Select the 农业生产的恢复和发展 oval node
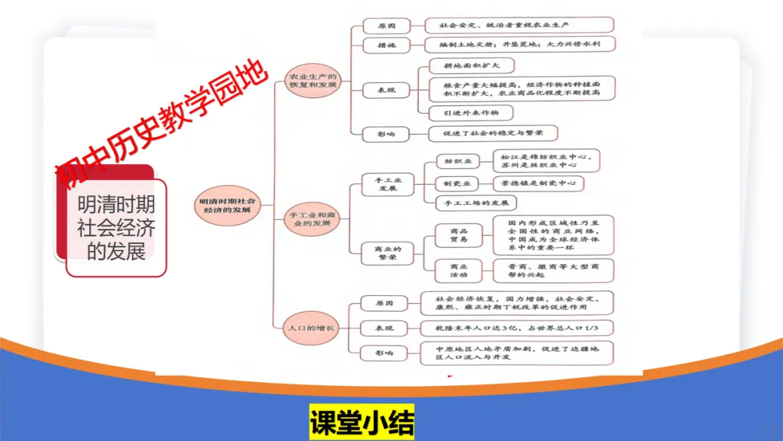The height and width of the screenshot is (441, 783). tap(313, 80)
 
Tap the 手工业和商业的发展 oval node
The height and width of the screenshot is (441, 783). tap(312, 218)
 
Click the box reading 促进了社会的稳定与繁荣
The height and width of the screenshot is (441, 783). tap(493, 133)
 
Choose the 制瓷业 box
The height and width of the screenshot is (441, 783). tap(458, 184)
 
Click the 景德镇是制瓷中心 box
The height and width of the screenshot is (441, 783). tap(537, 184)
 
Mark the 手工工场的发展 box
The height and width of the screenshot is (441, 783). tap(476, 203)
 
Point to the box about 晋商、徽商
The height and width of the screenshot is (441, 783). tap(553, 271)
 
